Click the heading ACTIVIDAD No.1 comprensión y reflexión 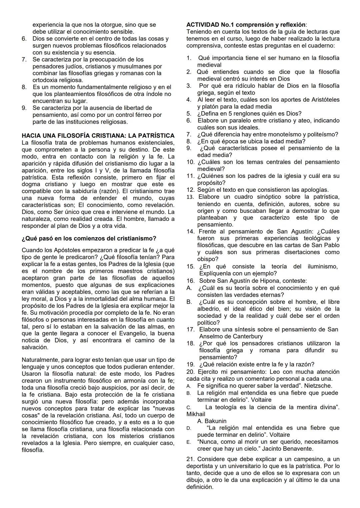[246, 25]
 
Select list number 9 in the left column [24, 108]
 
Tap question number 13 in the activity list [190, 197]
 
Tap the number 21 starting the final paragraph [190, 459]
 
